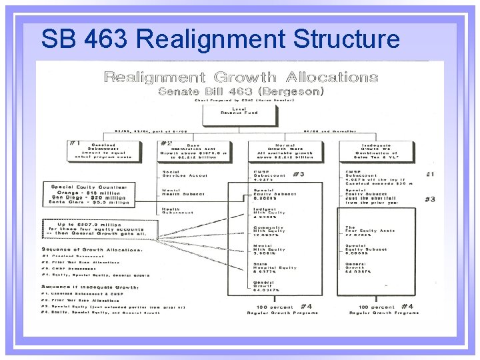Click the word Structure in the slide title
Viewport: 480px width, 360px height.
click(x=346, y=40)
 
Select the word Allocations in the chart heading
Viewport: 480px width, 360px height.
click(x=332, y=77)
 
